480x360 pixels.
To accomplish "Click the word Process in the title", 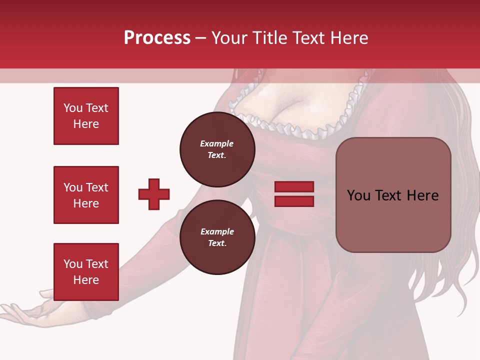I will coord(157,38).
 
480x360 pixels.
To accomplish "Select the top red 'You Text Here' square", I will coord(86,116).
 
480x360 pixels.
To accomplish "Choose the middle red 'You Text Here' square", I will coord(86,195).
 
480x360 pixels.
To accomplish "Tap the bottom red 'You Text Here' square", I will coord(86,272).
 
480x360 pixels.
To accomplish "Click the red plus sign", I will coord(154,194).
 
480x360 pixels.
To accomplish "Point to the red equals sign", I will coord(294,194).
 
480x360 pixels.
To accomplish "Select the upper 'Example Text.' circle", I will coord(217,149).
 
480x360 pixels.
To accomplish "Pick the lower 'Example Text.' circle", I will coord(217,237).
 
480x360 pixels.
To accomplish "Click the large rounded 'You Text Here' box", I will coord(393,195).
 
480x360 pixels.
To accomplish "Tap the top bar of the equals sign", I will coord(294,187).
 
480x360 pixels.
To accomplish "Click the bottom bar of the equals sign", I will coord(294,201).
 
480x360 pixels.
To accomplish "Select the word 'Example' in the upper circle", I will coord(217,143).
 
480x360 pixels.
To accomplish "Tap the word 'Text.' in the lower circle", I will coord(217,243).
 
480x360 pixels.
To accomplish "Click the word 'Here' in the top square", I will coord(86,124).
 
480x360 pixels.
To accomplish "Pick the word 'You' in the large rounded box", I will coord(358,195).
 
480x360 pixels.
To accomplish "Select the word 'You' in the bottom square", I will coord(73,264).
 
